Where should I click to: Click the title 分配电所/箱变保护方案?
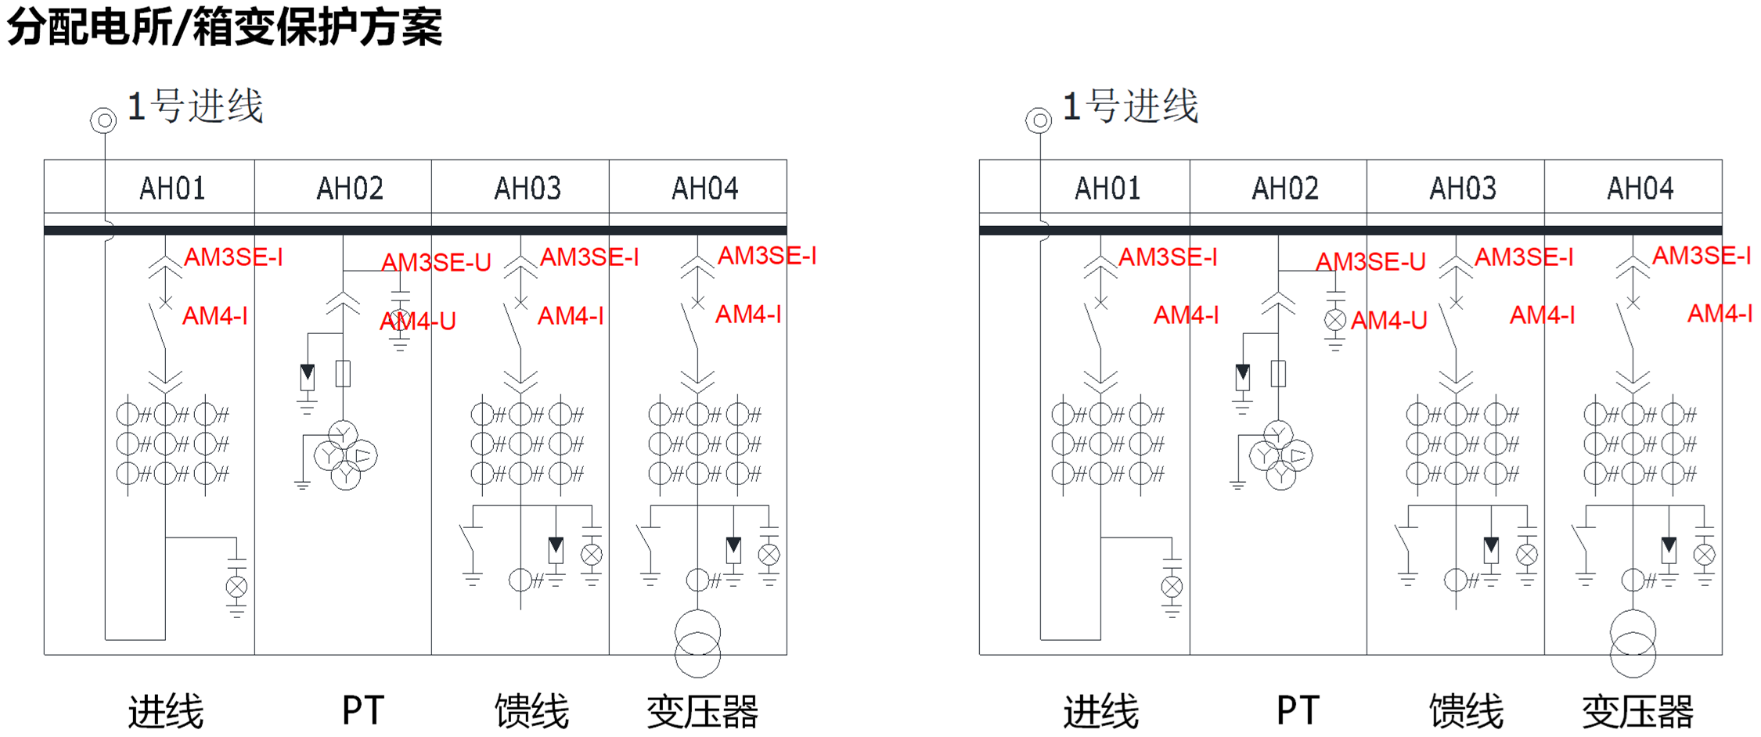pos(225,27)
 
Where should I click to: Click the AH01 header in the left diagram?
pos(172,189)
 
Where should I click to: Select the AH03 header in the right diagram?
pos(1462,189)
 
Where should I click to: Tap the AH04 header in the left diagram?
pos(704,189)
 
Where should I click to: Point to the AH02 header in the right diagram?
pos(1284,189)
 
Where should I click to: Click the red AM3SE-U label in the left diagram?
pos(436,262)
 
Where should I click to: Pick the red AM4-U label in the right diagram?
pos(1388,320)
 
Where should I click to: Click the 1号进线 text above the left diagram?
pos(196,106)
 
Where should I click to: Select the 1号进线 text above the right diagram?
pos(1130,106)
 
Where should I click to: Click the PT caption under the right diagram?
pos(1298,711)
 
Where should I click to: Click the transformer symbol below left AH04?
pos(697,643)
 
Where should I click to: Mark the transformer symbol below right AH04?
pos(1633,643)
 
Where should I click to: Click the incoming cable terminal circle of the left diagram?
pos(103,120)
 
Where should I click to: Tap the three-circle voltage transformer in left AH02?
pos(345,455)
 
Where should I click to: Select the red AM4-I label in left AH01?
pos(215,316)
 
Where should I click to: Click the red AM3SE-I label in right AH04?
pos(1702,256)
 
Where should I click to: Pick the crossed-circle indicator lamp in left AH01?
pos(236,587)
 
